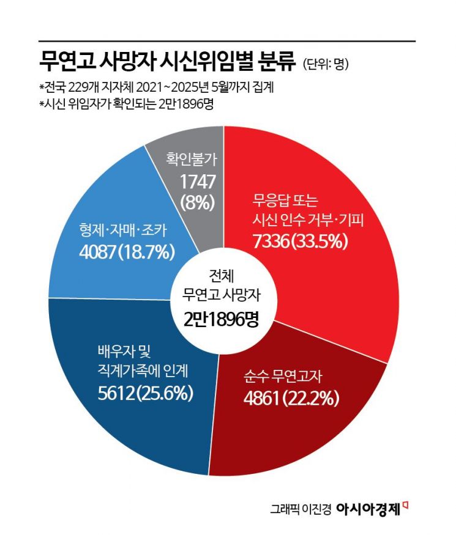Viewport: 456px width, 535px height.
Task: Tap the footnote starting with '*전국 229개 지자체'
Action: pos(155,87)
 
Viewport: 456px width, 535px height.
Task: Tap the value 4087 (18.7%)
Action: pos(127,251)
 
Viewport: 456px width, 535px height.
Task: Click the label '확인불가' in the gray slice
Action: pos(192,161)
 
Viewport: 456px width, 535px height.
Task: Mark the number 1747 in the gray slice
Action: pos(195,180)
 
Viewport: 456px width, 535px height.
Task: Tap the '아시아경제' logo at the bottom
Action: pos(372,508)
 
